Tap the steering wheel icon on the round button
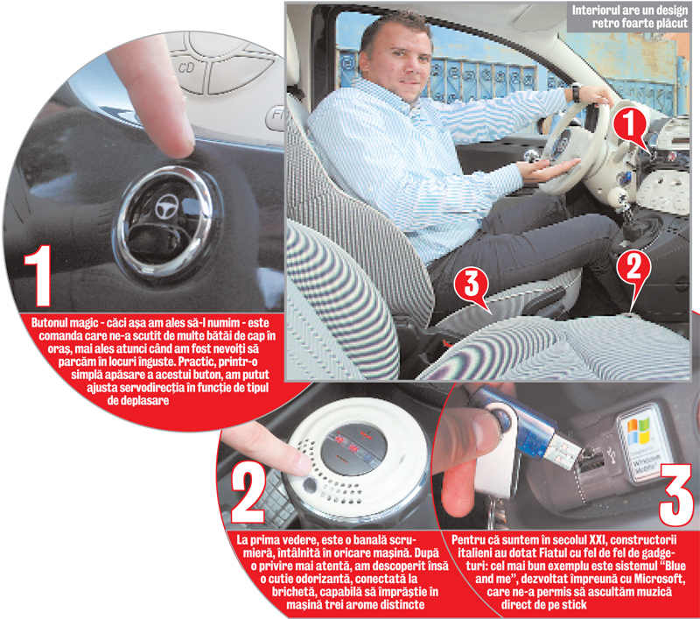[x=166, y=208]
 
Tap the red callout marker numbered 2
[x=633, y=275]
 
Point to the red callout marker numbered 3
[x=472, y=288]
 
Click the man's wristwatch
[x=576, y=93]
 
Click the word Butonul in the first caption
[x=49, y=322]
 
